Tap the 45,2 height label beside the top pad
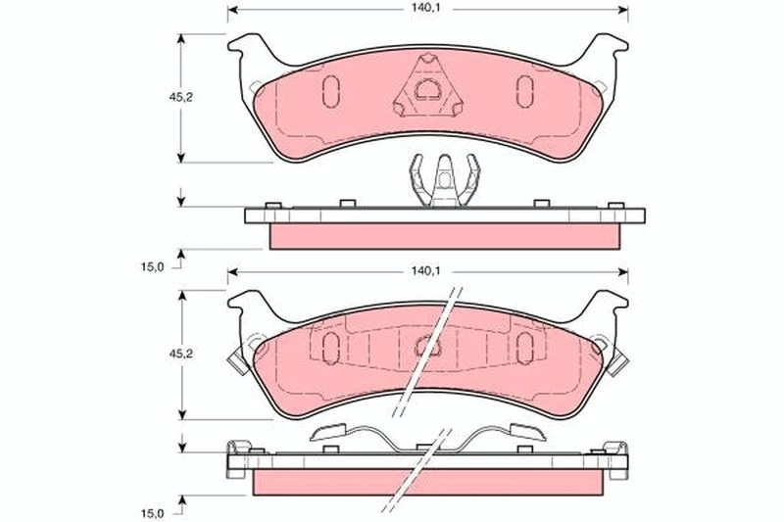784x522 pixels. (180, 97)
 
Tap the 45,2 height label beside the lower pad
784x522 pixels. (180, 354)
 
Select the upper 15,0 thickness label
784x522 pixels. (152, 266)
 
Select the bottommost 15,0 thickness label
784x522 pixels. (152, 513)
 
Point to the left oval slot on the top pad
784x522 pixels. (331, 91)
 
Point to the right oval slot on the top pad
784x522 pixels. (524, 91)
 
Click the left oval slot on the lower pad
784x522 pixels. (331, 348)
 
